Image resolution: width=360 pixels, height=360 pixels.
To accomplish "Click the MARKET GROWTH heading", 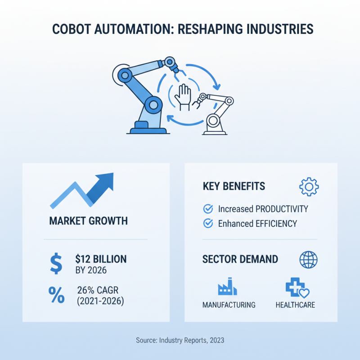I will [x=88, y=221].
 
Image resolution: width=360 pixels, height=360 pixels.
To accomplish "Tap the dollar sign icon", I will [x=56, y=264].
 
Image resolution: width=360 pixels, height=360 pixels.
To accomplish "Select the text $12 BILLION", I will [x=101, y=259].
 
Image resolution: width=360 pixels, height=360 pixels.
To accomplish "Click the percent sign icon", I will [x=56, y=295].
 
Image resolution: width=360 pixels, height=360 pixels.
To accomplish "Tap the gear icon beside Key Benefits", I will [x=309, y=186].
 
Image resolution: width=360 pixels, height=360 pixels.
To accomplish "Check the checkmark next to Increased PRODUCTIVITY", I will [x=208, y=209].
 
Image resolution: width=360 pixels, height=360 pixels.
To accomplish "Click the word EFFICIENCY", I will [x=275, y=223].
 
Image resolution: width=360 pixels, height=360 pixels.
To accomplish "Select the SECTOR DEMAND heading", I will [x=240, y=260].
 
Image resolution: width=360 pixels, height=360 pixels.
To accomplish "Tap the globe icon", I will [x=308, y=260].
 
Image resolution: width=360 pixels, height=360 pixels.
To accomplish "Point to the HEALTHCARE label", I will [x=295, y=305].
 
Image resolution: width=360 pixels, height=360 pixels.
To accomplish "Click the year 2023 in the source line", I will [x=215, y=340].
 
